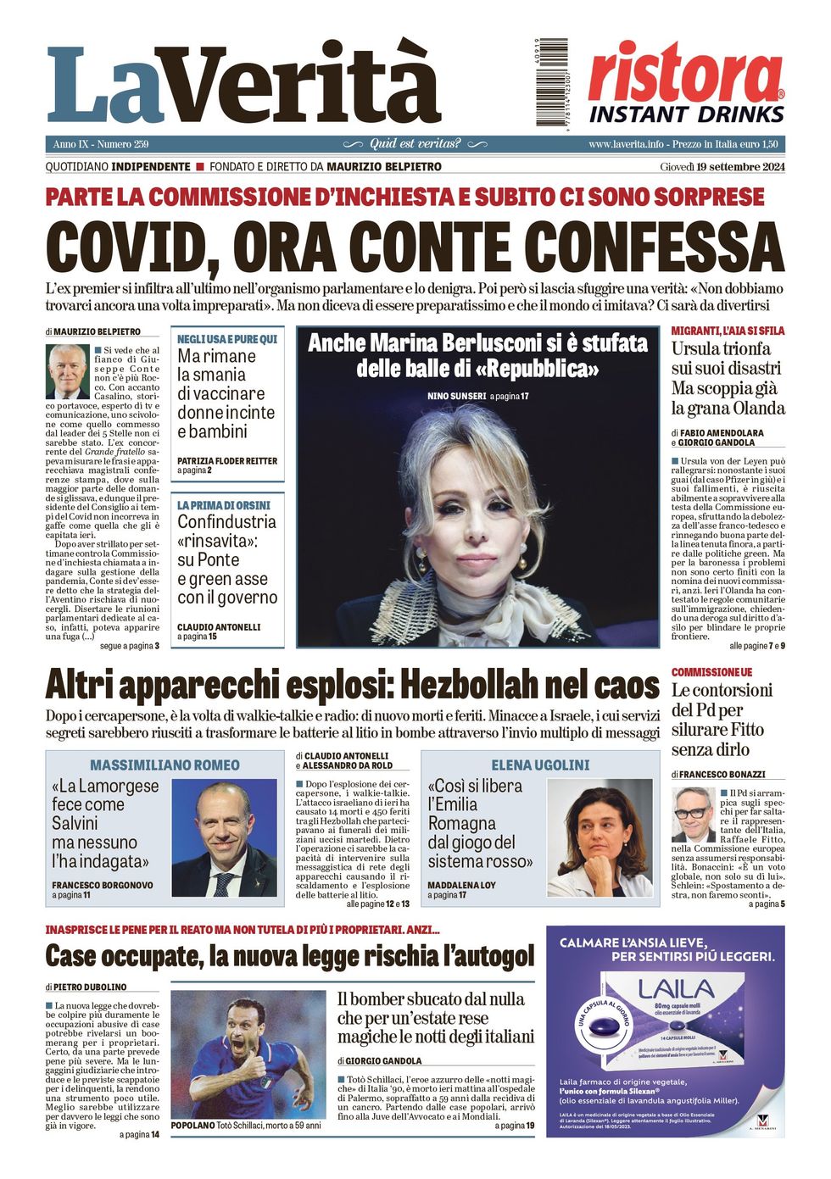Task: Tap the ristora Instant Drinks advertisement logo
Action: pos(686,83)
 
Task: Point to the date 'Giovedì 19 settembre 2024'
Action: pos(722,167)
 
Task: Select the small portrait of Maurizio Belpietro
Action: pos(67,370)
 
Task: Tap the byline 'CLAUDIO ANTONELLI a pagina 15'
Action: pos(219,631)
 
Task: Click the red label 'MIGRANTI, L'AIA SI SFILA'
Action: pos(728,331)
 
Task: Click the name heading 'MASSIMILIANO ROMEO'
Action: pos(165,765)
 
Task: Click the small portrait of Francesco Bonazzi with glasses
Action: pos(693,815)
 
